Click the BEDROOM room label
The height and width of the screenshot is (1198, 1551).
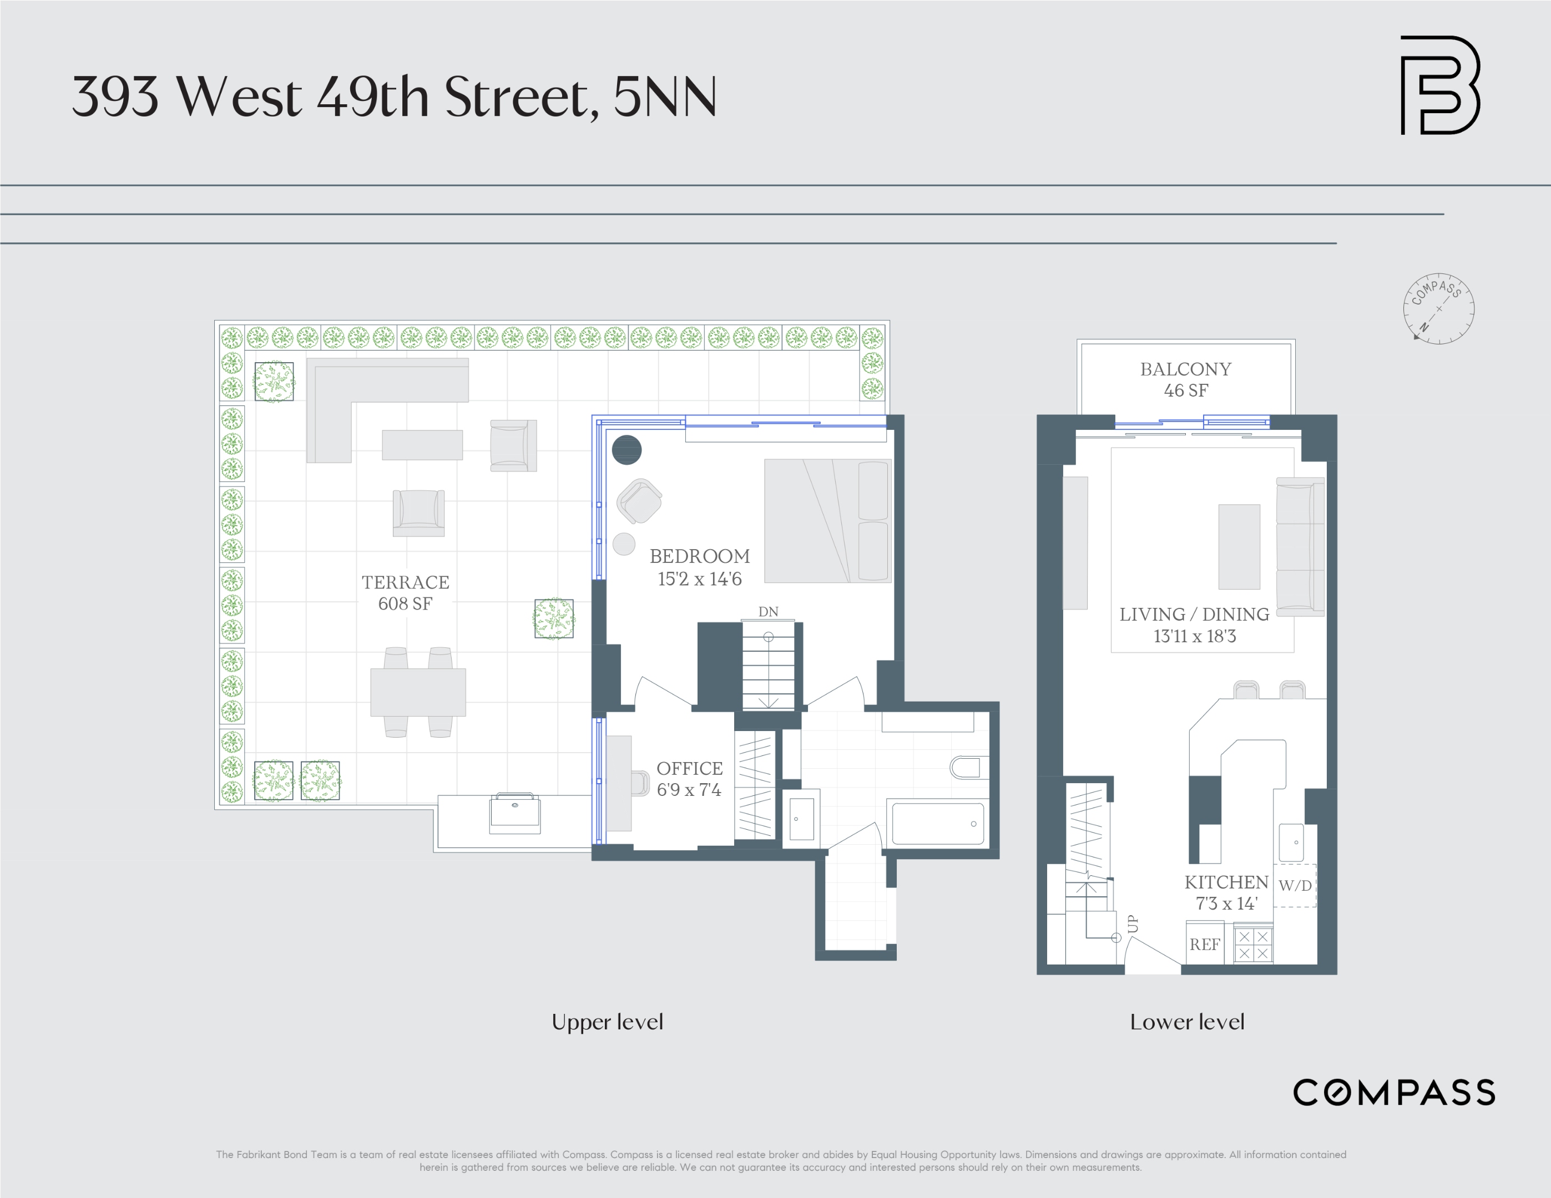pyautogui.click(x=700, y=556)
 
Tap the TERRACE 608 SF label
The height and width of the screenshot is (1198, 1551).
pyautogui.click(x=405, y=592)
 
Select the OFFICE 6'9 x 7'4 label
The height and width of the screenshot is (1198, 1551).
pyautogui.click(x=689, y=779)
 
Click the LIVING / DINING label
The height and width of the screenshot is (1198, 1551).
pyautogui.click(x=1194, y=615)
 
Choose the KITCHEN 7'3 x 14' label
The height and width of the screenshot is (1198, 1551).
pyautogui.click(x=1226, y=892)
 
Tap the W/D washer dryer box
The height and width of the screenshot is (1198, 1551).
pyautogui.click(x=1295, y=885)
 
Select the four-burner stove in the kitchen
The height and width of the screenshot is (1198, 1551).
pyautogui.click(x=1253, y=945)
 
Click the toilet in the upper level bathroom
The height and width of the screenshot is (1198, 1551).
pyautogui.click(x=965, y=767)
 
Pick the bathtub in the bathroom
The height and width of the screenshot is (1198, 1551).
pyautogui.click(x=937, y=823)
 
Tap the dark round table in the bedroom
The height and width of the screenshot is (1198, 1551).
pyautogui.click(x=627, y=450)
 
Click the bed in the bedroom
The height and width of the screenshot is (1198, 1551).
pyautogui.click(x=827, y=521)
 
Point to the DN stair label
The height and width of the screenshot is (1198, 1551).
pyautogui.click(x=767, y=612)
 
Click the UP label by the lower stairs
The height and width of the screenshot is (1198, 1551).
pyautogui.click(x=1133, y=923)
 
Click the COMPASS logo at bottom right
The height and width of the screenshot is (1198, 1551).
pyautogui.click(x=1393, y=1092)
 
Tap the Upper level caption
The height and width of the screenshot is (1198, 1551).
pyautogui.click(x=607, y=1022)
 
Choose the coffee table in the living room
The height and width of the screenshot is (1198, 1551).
pyautogui.click(x=1239, y=546)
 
